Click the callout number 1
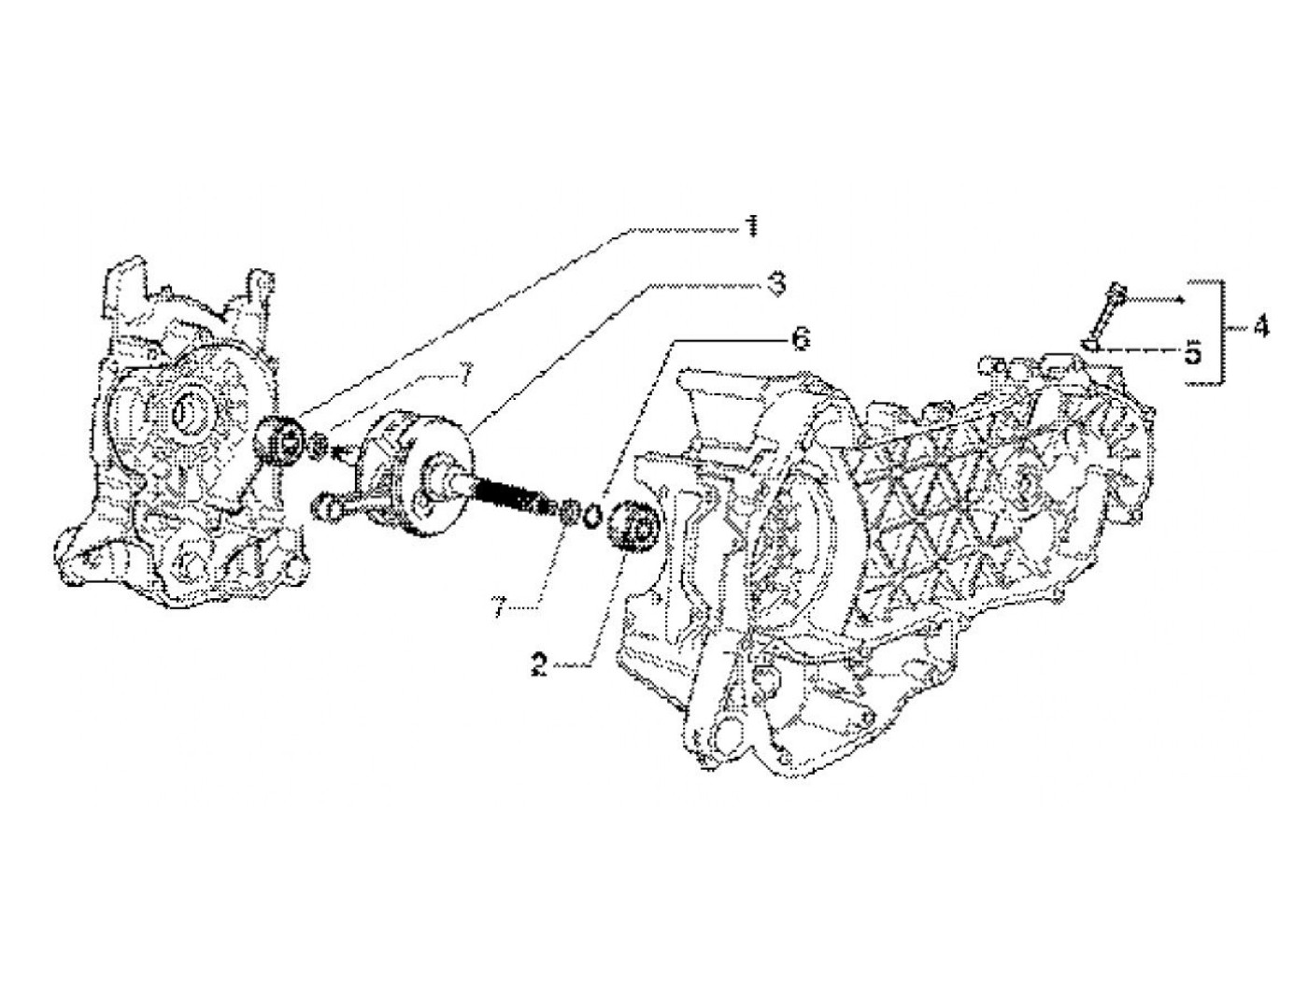tap(749, 227)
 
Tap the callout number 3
tap(775, 284)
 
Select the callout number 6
tap(801, 339)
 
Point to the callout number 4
tap(1260, 327)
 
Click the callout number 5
tap(1192, 354)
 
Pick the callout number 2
tap(539, 664)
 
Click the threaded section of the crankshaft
tap(509, 491)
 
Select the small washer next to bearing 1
tap(319, 444)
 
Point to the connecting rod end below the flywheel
tap(328, 506)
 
